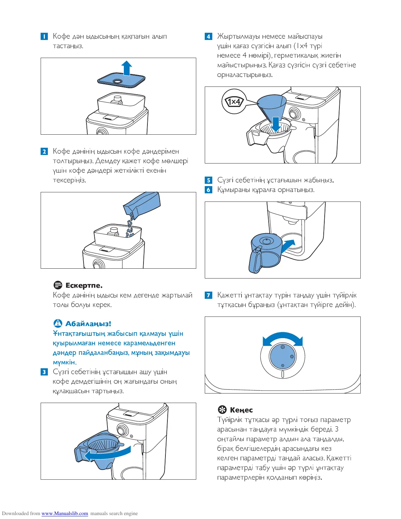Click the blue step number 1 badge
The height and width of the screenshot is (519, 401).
(44, 36)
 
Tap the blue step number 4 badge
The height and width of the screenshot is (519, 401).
(208, 36)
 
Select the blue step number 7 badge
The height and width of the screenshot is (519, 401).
(208, 295)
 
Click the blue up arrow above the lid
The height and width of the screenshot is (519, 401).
(126, 68)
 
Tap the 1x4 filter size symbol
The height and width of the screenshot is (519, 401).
(234, 102)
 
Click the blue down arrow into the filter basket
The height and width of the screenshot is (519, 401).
(276, 124)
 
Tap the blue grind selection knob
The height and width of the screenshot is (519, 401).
(282, 357)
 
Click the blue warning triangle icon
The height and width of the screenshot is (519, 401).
(58, 323)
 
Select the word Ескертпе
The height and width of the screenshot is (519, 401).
(84, 285)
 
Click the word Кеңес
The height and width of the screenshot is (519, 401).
(241, 410)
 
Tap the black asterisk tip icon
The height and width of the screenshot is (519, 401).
(222, 410)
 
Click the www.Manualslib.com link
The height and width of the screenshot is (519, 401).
(65, 513)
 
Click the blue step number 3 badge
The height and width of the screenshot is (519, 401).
(44, 372)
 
